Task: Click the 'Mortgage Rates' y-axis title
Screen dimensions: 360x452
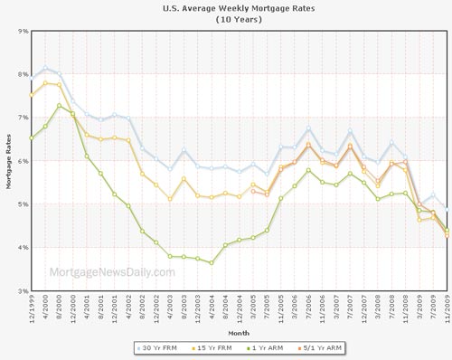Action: tap(8, 161)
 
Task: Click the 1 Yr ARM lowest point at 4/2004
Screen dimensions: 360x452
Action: tap(212, 263)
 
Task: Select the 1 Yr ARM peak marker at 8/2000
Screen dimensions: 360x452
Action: tap(60, 106)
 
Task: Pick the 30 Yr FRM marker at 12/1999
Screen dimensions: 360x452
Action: tap(33, 79)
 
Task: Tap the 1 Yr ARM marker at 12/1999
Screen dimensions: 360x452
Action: tap(33, 138)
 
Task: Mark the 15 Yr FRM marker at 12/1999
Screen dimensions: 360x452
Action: tap(33, 94)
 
